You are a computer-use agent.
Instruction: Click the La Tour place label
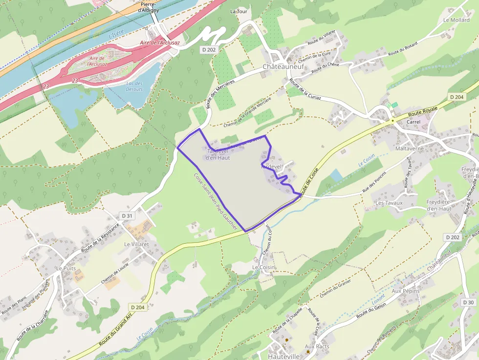pyautogui.click(x=239, y=11)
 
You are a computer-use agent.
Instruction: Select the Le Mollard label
pyautogui.click(x=456, y=20)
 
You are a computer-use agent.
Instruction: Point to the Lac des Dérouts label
pyautogui.click(x=134, y=86)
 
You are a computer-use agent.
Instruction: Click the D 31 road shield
pyautogui.click(x=127, y=215)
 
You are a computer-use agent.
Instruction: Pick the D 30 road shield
pyautogui.click(x=468, y=302)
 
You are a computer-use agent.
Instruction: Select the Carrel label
pyautogui.click(x=413, y=122)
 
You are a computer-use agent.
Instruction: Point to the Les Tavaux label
pyautogui.click(x=389, y=203)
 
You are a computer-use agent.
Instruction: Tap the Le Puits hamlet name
pyautogui.click(x=66, y=268)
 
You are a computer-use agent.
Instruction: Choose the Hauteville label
pyautogui.click(x=284, y=357)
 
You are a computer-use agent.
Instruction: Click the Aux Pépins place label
pyautogui.click(x=406, y=291)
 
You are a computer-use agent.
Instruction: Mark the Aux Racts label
pyautogui.click(x=317, y=346)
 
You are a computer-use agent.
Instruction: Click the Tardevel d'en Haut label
pyautogui.click(x=218, y=154)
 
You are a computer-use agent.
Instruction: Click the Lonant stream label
pyautogui.click(x=378, y=298)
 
